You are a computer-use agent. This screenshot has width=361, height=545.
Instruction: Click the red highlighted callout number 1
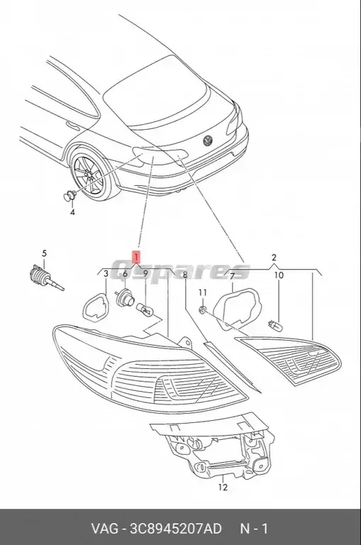tap(135, 255)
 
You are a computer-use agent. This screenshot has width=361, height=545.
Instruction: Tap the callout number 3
tap(106, 274)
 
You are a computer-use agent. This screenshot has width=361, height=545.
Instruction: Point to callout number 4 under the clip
tap(72, 211)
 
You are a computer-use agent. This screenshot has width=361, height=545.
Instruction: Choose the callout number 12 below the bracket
tap(222, 487)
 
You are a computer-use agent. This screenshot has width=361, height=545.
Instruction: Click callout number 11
tap(201, 292)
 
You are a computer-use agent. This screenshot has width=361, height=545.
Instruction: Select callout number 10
tap(279, 275)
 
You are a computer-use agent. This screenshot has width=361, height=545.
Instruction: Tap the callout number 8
tap(184, 275)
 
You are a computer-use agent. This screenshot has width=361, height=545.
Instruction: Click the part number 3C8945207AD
tap(176, 529)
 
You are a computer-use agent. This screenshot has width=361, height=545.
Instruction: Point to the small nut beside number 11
tap(203, 309)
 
